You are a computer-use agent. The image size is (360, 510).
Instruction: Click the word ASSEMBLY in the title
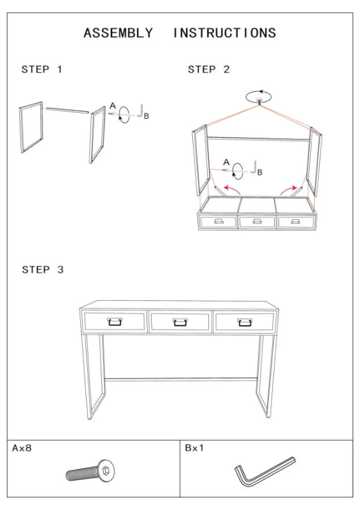pyautogui.click(x=118, y=33)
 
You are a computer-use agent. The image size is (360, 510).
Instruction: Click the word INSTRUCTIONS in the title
pyautogui.click(x=224, y=33)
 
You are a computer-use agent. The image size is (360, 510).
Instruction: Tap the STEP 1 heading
pyautogui.click(x=41, y=69)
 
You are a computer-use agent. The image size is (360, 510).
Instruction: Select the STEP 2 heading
pyautogui.click(x=209, y=69)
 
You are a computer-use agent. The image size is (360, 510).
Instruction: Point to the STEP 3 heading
pyautogui.click(x=43, y=270)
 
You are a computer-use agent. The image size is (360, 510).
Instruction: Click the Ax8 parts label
pyautogui.click(x=22, y=448)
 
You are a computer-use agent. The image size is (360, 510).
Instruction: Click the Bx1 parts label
pyautogui.click(x=194, y=448)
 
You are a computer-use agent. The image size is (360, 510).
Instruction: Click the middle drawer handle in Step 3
pyautogui.click(x=180, y=322)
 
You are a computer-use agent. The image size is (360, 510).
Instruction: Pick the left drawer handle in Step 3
pyautogui.click(x=115, y=322)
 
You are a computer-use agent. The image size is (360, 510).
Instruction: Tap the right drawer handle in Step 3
pyautogui.click(x=245, y=322)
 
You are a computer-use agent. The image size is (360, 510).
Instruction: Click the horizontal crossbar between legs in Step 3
pyautogui.click(x=180, y=379)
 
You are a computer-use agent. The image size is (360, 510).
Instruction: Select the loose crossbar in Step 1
pyautogui.click(x=68, y=110)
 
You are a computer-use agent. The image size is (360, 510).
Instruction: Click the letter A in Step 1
pyautogui.click(x=113, y=106)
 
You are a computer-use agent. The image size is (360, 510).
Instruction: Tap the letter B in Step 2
pyautogui.click(x=259, y=172)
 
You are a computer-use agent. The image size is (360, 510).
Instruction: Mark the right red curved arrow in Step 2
pyautogui.click(x=289, y=189)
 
